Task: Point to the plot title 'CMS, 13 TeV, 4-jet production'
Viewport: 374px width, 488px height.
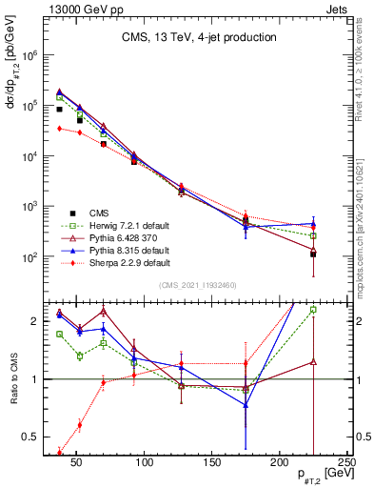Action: coord(199,38)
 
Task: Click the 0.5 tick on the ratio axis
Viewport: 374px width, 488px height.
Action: coord(30,437)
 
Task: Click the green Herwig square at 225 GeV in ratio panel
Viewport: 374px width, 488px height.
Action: coord(313,310)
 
